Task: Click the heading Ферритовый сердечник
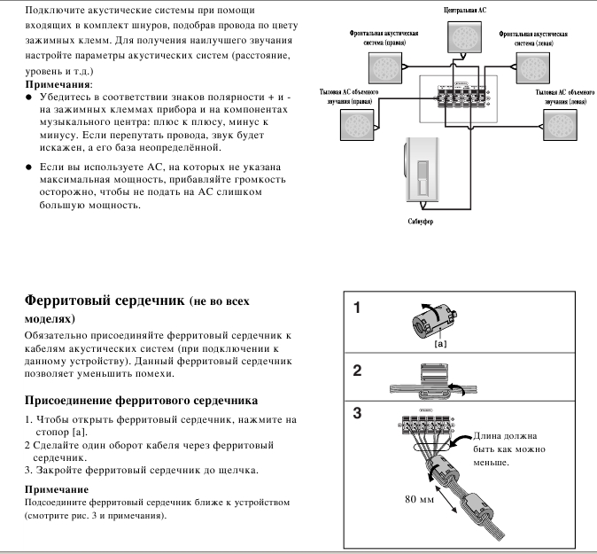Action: pyautogui.click(x=105, y=300)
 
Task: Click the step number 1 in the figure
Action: pyautogui.click(x=357, y=308)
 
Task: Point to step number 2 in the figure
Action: pyautogui.click(x=357, y=371)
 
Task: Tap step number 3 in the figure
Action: pyautogui.click(x=357, y=413)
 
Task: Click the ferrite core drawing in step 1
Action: pyautogui.click(x=435, y=321)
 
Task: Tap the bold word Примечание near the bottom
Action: pyautogui.click(x=56, y=489)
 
